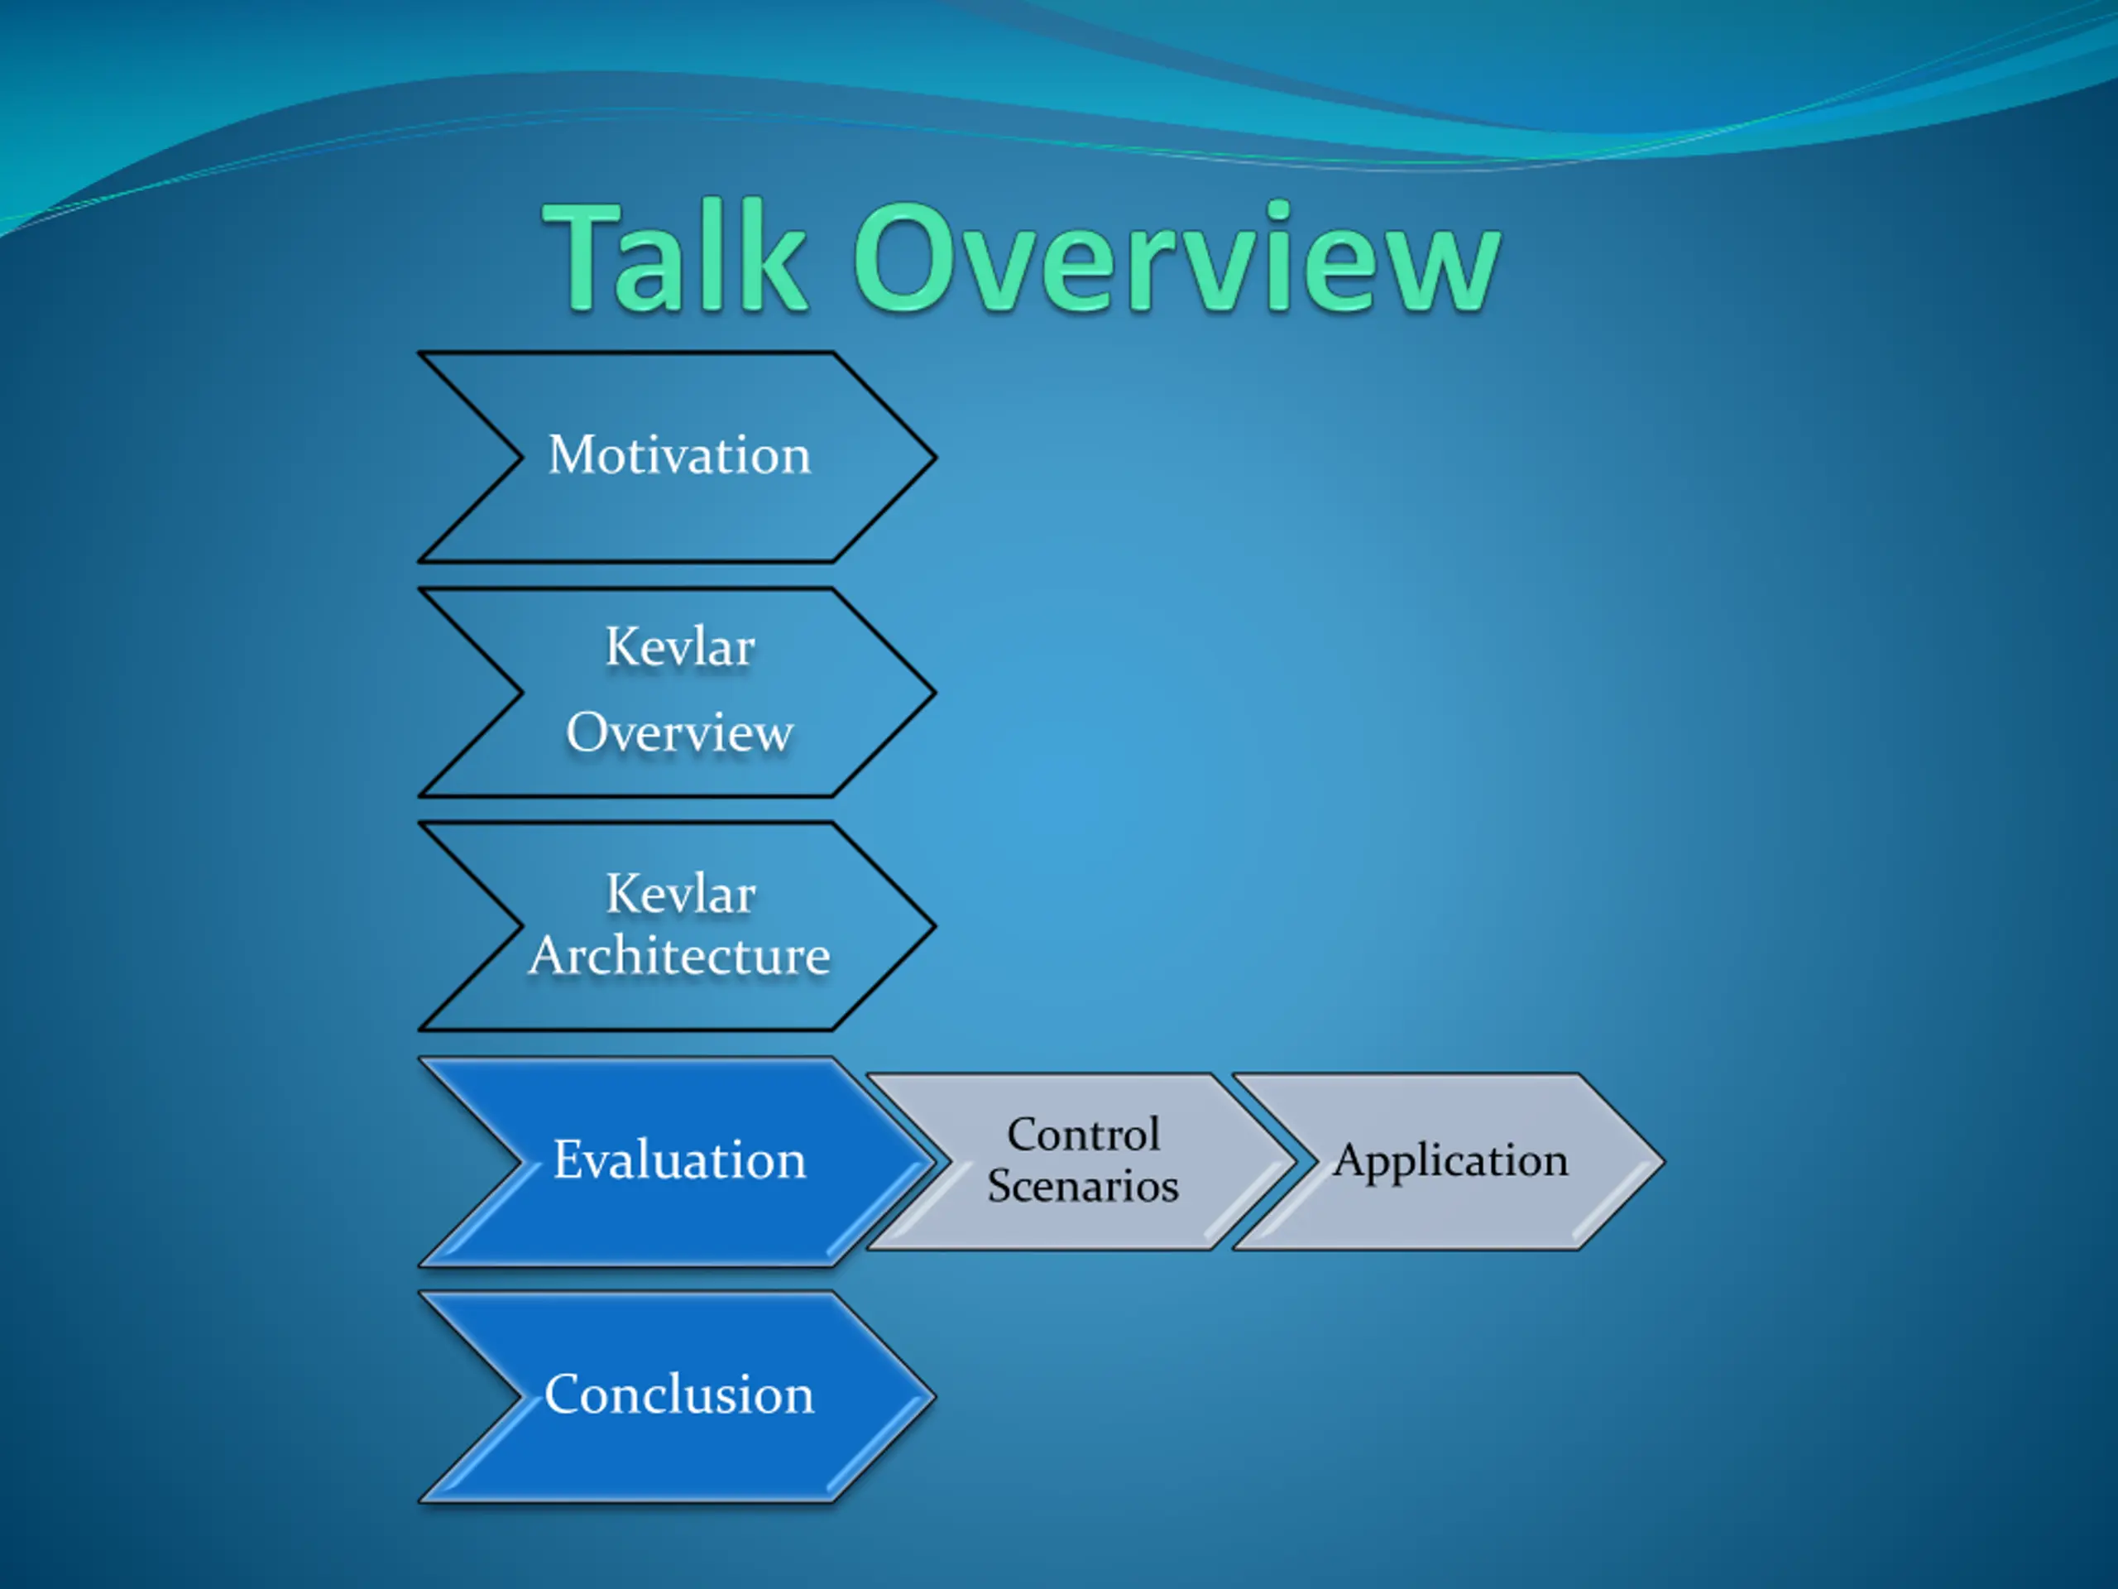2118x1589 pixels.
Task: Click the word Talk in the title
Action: click(x=677, y=256)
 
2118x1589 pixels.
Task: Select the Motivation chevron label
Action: click(x=679, y=454)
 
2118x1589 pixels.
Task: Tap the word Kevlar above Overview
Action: click(x=680, y=646)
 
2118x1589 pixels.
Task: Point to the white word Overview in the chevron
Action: click(x=680, y=732)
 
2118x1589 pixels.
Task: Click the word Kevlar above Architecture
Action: click(x=681, y=894)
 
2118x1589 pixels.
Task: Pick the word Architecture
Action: click(x=680, y=956)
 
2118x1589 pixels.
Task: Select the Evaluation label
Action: click(x=680, y=1160)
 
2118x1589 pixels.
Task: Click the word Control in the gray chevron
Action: click(x=1083, y=1134)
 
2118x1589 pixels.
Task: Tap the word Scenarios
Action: click(x=1083, y=1186)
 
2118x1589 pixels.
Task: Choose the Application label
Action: click(x=1450, y=1161)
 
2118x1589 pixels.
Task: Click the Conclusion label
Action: click(x=679, y=1395)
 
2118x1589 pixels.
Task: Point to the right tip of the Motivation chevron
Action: click(x=936, y=457)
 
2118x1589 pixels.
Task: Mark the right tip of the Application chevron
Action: click(x=1664, y=1162)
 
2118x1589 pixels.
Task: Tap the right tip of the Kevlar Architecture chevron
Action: click(x=936, y=926)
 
